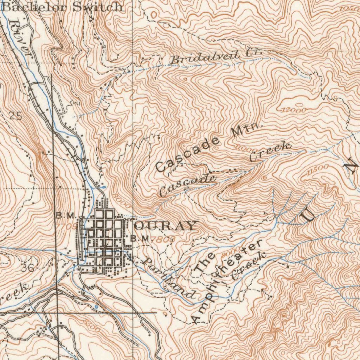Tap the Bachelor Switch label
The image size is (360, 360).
tap(63, 7)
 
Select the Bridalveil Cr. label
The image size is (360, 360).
tap(215, 56)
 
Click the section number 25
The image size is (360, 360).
tap(15, 116)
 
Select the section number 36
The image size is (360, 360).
tap(27, 268)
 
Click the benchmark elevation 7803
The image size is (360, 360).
tap(164, 239)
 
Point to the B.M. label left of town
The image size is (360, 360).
tap(65, 215)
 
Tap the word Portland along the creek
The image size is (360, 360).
tap(168, 278)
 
